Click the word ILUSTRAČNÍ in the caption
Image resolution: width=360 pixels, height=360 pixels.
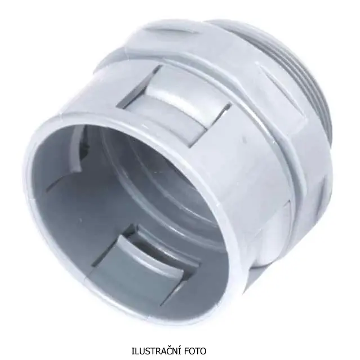coord(156,351)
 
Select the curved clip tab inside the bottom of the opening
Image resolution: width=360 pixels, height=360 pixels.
coord(147,260)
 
